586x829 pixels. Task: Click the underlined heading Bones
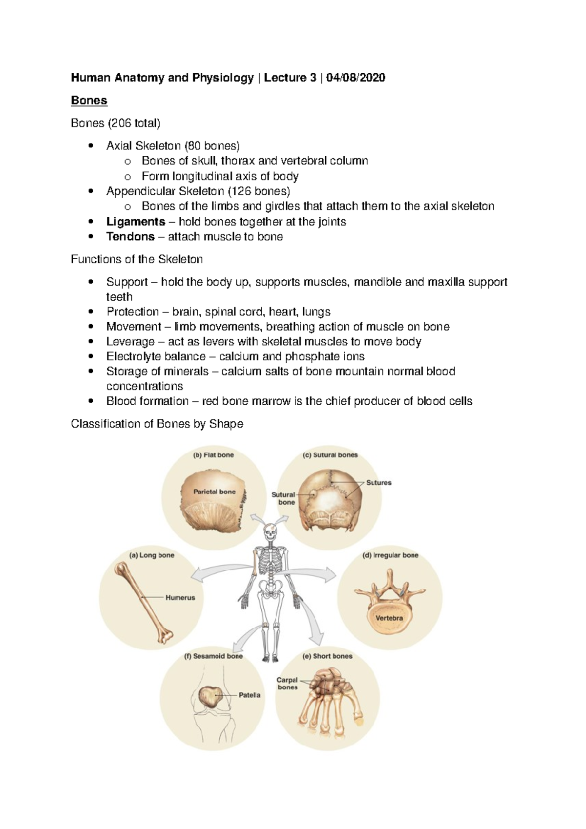89,101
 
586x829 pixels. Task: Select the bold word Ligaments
136,222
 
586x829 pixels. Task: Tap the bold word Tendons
130,237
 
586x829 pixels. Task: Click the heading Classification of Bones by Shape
157,424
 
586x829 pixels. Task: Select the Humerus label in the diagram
180,598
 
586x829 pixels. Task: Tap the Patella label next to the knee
249,695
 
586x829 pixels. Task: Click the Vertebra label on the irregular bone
389,618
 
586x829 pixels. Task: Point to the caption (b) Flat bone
213,455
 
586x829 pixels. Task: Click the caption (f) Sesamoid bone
213,656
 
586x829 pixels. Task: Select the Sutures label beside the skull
378,483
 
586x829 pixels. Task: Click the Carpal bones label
287,684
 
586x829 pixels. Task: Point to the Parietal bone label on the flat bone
214,492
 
